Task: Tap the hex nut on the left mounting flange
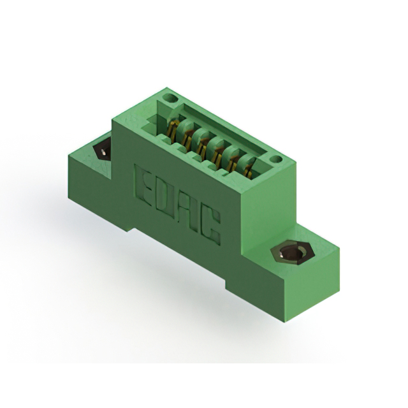[x=102, y=152]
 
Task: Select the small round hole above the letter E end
[x=170, y=99]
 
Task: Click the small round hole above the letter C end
[x=275, y=159]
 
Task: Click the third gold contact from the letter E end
[x=203, y=145]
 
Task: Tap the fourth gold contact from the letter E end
[x=219, y=152]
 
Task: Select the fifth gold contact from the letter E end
[x=234, y=160]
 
